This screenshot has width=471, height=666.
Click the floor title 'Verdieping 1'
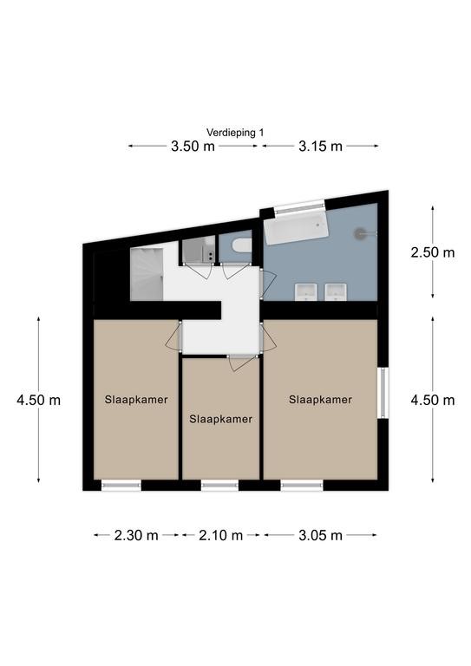coord(235,133)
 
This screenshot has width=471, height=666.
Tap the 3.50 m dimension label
coord(193,147)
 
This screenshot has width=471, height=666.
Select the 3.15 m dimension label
coord(320,147)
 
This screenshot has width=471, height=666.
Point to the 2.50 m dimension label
coord(432,252)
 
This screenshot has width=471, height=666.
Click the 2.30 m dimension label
coord(136,535)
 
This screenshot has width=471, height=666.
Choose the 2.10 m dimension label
coord(221,535)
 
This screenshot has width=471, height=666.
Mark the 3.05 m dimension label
coord(320,535)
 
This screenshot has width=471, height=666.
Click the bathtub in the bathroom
coord(296,228)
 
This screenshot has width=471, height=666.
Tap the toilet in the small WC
coord(242,245)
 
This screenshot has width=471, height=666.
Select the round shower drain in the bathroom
coord(360,232)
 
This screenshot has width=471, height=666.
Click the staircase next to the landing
coord(147,274)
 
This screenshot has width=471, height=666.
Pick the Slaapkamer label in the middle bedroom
coord(221,419)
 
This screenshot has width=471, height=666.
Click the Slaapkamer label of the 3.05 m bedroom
coord(320,400)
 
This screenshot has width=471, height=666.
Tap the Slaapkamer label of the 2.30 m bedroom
coord(136,400)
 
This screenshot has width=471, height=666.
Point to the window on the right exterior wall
coord(383,393)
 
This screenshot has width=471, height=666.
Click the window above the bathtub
coord(300,208)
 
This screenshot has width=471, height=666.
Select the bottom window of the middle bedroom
coord(219,486)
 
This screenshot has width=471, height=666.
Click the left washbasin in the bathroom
coord(306,291)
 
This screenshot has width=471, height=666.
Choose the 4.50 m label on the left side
coord(39,400)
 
